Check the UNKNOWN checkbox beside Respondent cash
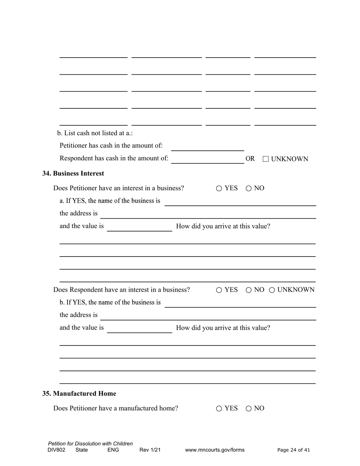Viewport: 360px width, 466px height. click(x=266, y=159)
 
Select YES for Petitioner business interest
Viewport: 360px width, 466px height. click(x=219, y=188)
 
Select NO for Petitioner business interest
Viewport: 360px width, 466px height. click(x=249, y=188)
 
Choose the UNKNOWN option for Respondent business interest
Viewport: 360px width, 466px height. click(x=272, y=290)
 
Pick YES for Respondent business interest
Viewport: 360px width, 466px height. click(x=219, y=290)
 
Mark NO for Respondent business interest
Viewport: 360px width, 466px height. click(x=249, y=290)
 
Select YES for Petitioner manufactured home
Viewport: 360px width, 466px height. click(x=219, y=408)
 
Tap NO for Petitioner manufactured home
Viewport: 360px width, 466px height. click(x=249, y=408)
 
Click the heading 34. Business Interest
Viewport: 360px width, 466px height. click(x=73, y=174)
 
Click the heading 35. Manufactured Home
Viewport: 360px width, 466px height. click(x=79, y=394)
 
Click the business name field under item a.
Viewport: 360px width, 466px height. click(x=240, y=202)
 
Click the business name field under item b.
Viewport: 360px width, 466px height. click(x=240, y=303)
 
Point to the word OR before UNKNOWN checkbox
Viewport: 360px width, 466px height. click(x=250, y=159)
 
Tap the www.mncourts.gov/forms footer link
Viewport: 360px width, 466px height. click(x=215, y=450)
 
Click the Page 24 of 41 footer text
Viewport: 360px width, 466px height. click(x=294, y=450)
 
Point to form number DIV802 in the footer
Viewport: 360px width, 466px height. click(x=56, y=450)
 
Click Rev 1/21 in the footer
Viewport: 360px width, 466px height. click(x=150, y=450)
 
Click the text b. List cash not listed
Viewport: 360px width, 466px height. click(x=95, y=133)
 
